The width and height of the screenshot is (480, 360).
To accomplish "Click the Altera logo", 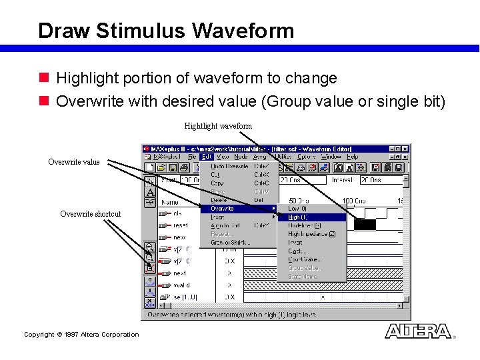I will (418, 331).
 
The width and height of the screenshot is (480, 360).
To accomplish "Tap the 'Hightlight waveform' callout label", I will (218, 126).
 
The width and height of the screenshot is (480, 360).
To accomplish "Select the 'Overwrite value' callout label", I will (74, 162).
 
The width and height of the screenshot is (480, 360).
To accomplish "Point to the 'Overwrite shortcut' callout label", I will (91, 214).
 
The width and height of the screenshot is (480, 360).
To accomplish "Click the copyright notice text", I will (81, 335).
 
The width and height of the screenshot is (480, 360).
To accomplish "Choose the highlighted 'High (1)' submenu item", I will (297, 217).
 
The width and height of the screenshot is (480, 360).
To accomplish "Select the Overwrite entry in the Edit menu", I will (223, 209).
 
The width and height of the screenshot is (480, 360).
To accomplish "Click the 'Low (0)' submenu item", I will (297, 209).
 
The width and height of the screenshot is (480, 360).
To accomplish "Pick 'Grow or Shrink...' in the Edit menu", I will (231, 243).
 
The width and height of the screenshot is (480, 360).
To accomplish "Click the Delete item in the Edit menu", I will (219, 200).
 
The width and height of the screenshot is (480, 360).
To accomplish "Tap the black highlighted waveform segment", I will (365, 225).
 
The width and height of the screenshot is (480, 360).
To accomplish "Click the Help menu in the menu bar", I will (352, 157).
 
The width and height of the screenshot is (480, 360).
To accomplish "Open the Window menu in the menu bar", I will (330, 157).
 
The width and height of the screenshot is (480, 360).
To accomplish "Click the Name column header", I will (170, 202).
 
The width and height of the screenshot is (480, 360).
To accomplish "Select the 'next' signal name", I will (179, 273).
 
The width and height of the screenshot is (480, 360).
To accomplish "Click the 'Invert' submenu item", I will (295, 243).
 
